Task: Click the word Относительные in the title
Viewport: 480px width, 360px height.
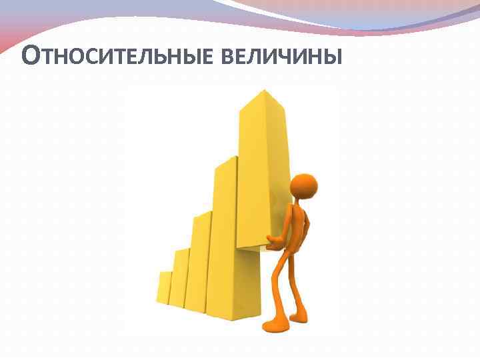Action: (x=117, y=55)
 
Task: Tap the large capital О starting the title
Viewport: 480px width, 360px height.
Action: (x=32, y=55)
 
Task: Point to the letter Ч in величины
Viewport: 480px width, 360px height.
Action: (x=295, y=57)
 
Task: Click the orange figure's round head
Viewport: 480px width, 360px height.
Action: (x=304, y=187)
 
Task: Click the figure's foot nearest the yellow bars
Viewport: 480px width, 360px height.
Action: (x=273, y=325)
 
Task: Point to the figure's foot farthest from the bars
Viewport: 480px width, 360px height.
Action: (x=299, y=317)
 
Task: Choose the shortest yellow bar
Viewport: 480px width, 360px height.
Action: (x=164, y=288)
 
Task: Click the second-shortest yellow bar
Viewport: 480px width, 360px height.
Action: (x=179, y=278)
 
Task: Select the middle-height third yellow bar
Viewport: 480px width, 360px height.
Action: (x=198, y=263)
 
